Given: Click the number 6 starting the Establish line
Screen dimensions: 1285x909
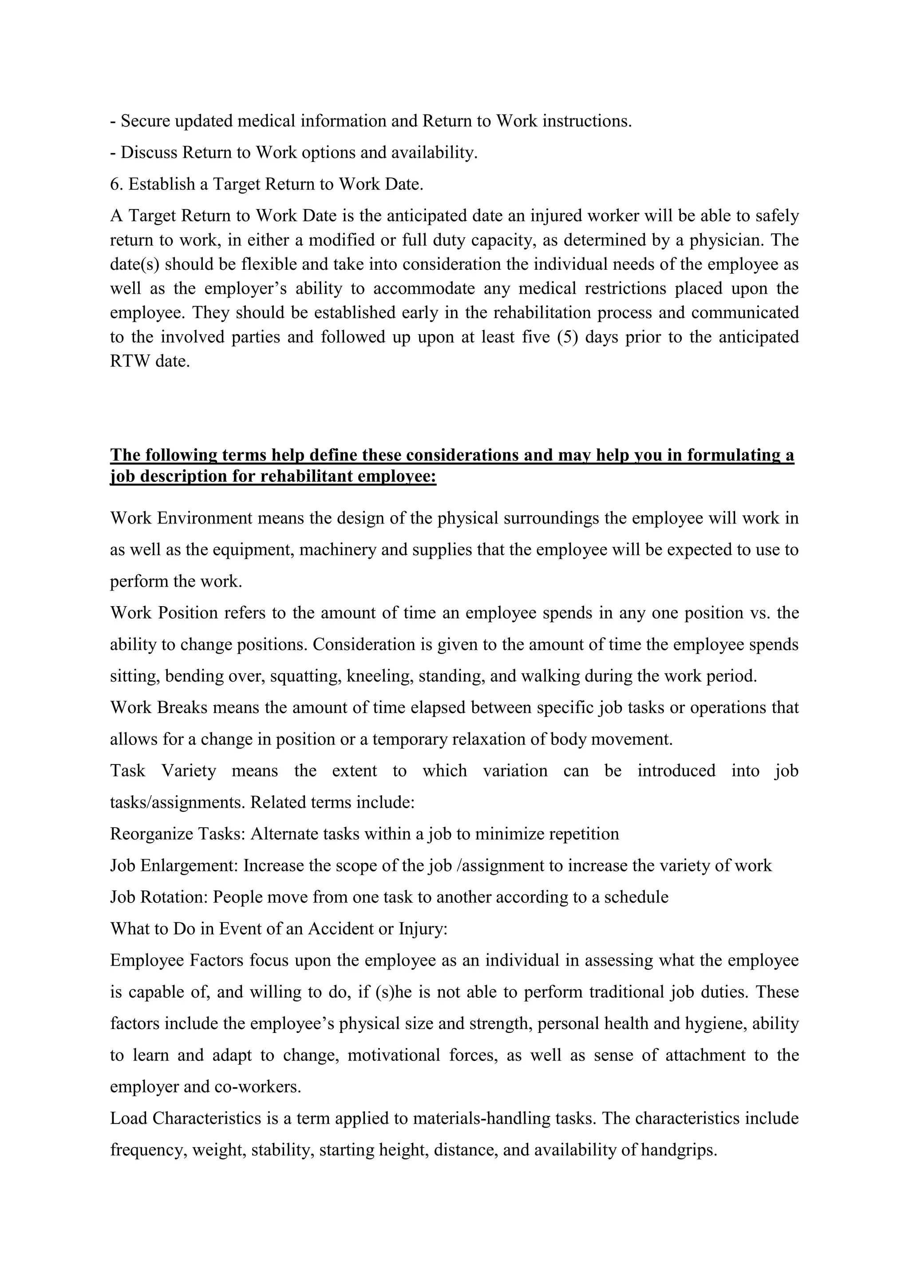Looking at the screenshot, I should pos(114,184).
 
